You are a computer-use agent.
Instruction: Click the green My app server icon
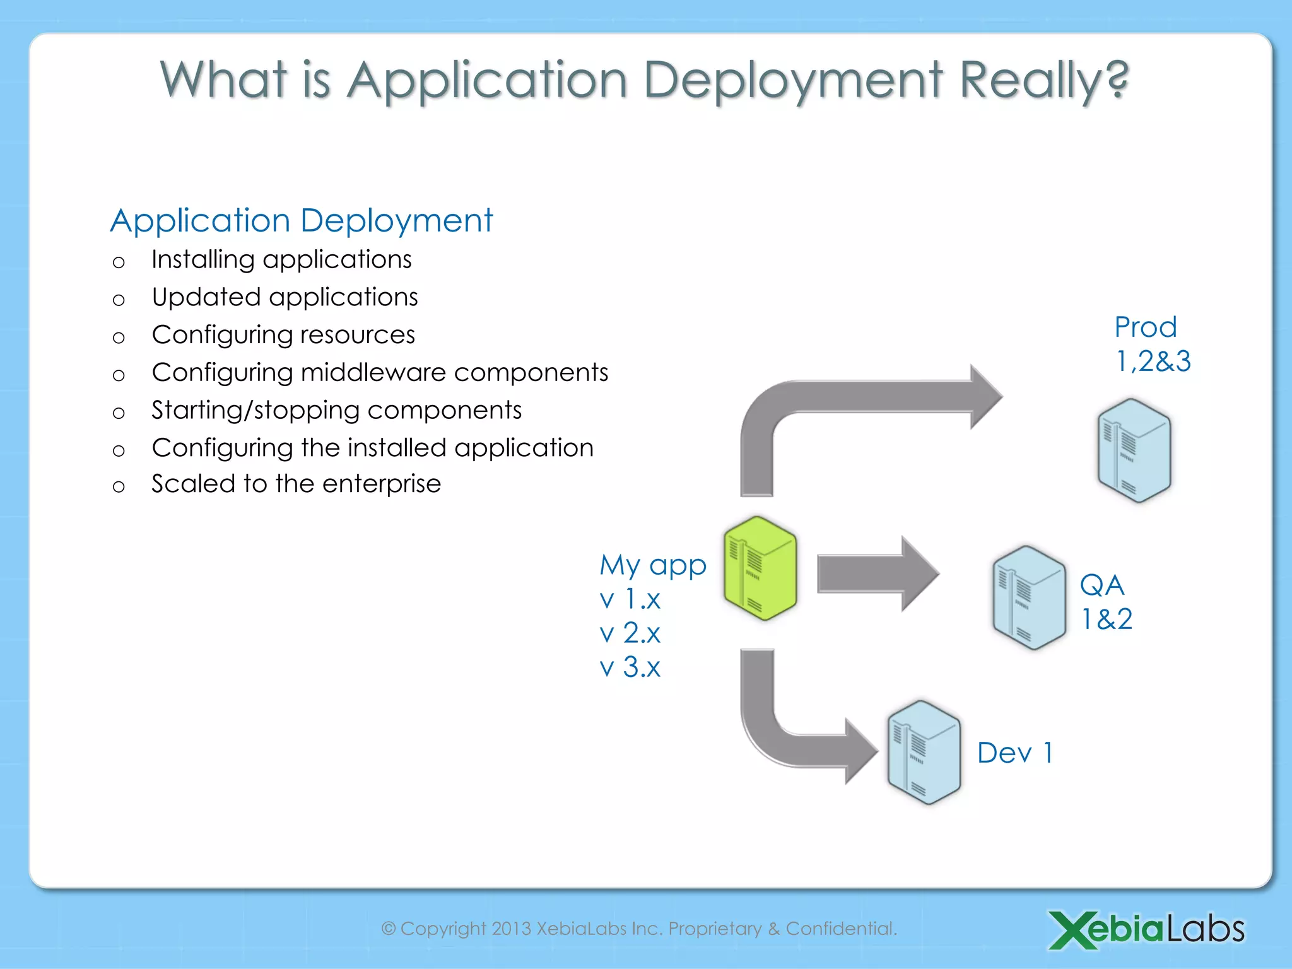pyautogui.click(x=760, y=568)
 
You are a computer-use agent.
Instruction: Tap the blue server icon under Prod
pyautogui.click(x=1134, y=450)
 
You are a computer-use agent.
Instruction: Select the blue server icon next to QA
pyautogui.click(x=1028, y=598)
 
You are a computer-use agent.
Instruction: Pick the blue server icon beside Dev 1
pyautogui.click(x=924, y=753)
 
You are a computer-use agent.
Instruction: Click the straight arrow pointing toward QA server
pyautogui.click(x=877, y=574)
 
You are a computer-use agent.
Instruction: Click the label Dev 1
pyautogui.click(x=1014, y=753)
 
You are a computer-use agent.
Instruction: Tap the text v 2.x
pyautogui.click(x=630, y=633)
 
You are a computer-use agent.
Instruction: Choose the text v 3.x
pyautogui.click(x=630, y=667)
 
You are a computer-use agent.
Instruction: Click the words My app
pyautogui.click(x=652, y=565)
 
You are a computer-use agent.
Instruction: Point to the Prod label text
pyautogui.click(x=1145, y=327)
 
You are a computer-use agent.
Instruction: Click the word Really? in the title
pyautogui.click(x=1043, y=81)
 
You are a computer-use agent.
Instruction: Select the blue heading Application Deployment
pyautogui.click(x=302, y=221)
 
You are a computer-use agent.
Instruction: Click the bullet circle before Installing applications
pyautogui.click(x=119, y=262)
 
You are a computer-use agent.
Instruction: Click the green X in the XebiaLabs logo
pyautogui.click(x=1071, y=929)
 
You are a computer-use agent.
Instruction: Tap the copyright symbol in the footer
pyautogui.click(x=389, y=929)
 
